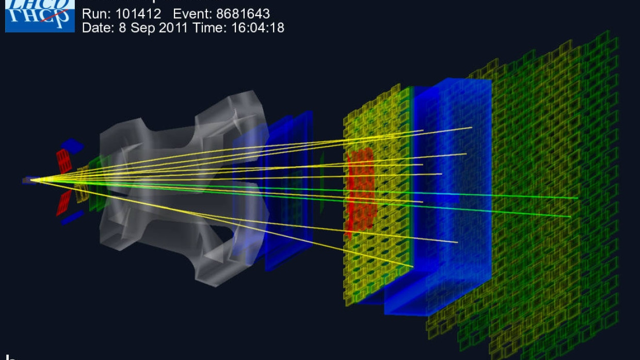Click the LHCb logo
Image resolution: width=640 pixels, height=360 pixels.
(x=39, y=15)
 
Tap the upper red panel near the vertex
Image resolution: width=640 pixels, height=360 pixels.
(x=64, y=160)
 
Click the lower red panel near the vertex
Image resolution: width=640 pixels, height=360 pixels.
(x=64, y=202)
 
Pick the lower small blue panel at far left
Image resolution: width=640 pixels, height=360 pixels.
(x=72, y=219)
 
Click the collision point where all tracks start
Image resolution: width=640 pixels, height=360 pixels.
(x=33, y=180)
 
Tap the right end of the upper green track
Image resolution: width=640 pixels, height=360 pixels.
(x=577, y=198)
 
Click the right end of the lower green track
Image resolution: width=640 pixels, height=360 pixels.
(x=570, y=217)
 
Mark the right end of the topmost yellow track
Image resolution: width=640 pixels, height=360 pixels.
(x=471, y=127)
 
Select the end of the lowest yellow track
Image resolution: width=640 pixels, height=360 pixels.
(x=412, y=267)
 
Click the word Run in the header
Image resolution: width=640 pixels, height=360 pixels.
(x=94, y=14)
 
